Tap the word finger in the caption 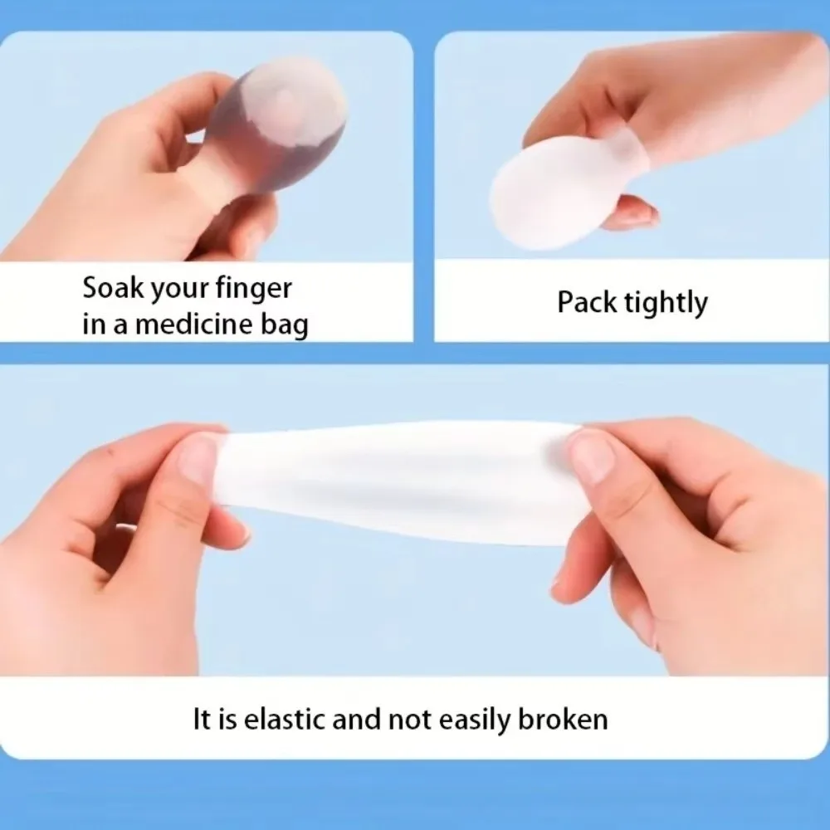click(253, 290)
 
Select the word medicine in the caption click(195, 324)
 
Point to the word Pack click(587, 302)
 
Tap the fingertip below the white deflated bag click(632, 212)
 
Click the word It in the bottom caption click(200, 720)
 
